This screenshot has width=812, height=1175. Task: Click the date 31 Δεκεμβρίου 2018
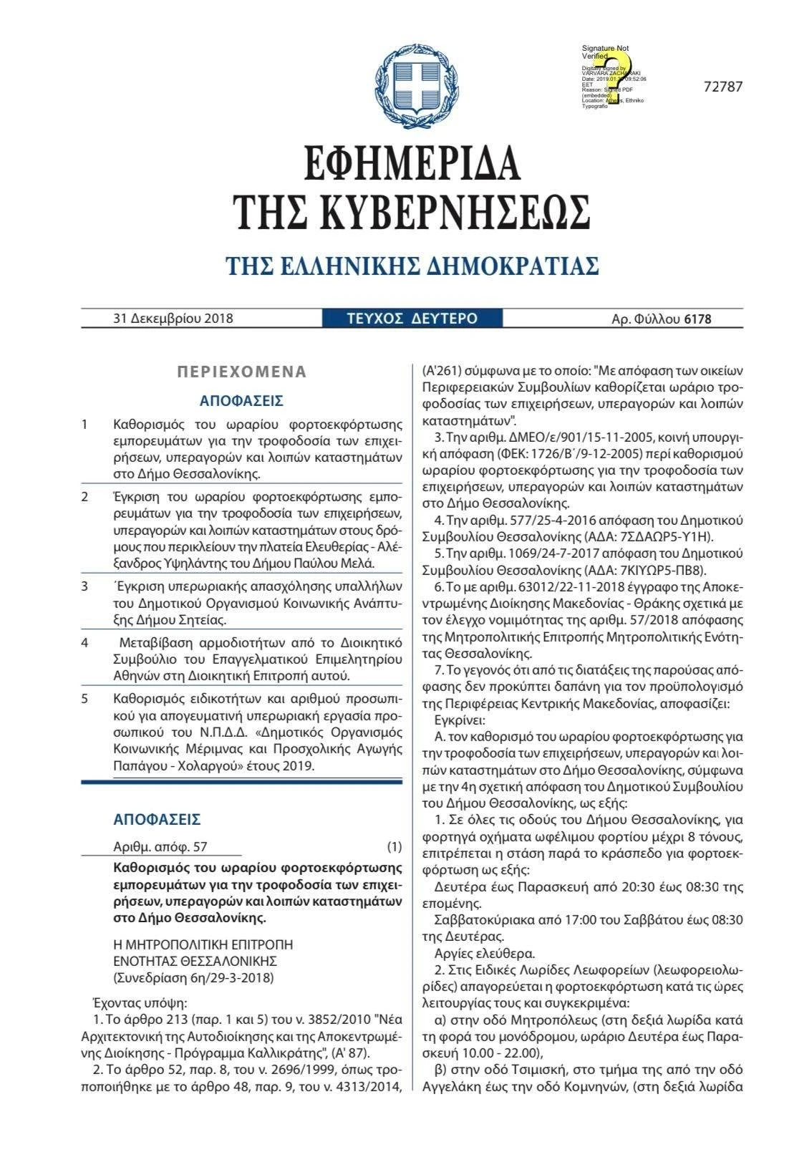[173, 318]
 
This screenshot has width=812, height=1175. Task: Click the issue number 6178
[697, 319]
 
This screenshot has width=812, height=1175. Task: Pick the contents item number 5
[84, 699]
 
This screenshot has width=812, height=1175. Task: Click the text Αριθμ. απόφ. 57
[160, 847]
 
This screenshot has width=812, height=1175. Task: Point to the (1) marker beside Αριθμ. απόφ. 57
[395, 847]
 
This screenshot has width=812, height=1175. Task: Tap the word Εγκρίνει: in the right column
[460, 718]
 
